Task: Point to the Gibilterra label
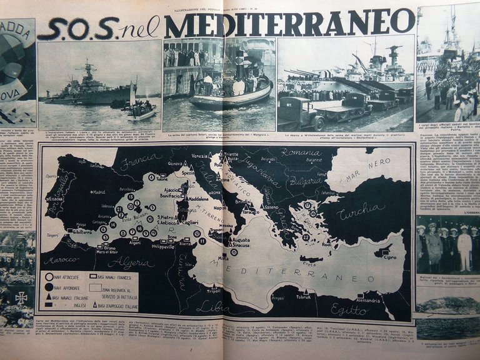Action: pos(81,231)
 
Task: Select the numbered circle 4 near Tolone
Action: pos(151,177)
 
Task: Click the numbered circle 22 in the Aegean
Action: pos(306,237)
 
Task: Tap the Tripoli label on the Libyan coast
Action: pos(213,291)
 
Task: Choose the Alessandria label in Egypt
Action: pos(369,300)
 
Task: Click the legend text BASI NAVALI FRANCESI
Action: pos(116,276)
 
